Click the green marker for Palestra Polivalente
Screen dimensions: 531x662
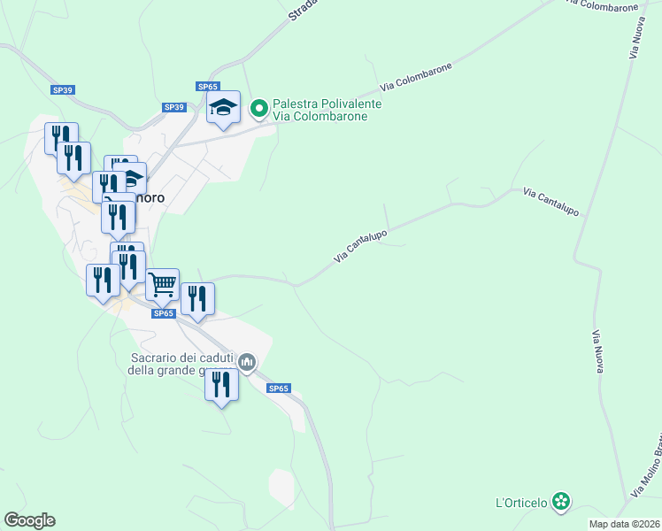(x=259, y=109)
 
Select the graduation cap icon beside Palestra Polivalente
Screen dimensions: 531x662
(x=224, y=108)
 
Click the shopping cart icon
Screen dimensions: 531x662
(x=163, y=285)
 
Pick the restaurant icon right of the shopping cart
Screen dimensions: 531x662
(x=197, y=299)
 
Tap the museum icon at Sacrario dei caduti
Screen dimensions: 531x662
(x=247, y=361)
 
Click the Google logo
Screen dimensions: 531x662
(x=29, y=520)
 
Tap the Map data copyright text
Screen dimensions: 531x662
(x=625, y=524)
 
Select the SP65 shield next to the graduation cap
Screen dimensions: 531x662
(x=208, y=86)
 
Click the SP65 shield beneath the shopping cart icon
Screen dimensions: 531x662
(x=163, y=312)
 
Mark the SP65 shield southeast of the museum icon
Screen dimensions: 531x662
(x=279, y=389)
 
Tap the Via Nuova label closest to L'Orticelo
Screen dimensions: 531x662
(x=597, y=351)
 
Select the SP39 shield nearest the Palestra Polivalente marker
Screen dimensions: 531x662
(x=174, y=107)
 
